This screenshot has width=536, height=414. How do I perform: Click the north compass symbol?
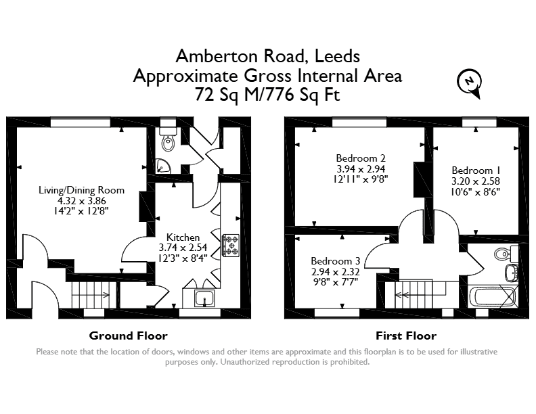tap(469, 83)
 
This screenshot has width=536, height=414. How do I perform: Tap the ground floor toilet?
tap(169, 139)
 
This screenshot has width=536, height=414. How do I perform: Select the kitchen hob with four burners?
tap(231, 246)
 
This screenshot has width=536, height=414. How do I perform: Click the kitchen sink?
tap(205, 298)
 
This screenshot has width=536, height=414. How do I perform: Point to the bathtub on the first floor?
tap(493, 297)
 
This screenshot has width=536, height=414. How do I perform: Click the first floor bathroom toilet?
tap(506, 253)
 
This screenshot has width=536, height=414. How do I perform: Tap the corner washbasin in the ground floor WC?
tap(162, 166)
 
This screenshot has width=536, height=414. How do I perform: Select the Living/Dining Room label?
tap(81, 190)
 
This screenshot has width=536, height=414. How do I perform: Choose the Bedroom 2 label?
tap(361, 158)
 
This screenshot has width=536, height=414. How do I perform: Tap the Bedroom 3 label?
tap(336, 261)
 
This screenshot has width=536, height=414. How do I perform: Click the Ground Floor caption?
tap(128, 336)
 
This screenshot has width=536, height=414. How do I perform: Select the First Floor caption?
tap(406, 336)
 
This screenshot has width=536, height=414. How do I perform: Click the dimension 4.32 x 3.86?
tap(81, 200)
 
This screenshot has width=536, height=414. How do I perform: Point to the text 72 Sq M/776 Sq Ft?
tap(267, 95)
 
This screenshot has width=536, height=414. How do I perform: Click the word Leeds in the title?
tap(337, 56)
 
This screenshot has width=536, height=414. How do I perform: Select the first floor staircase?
tap(420, 294)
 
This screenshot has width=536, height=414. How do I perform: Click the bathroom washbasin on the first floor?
tap(511, 273)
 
